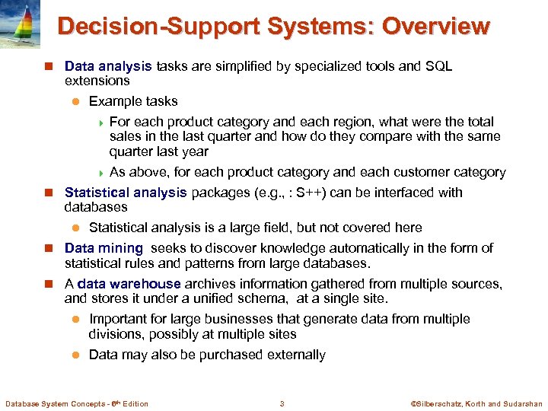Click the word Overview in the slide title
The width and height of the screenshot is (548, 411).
pos(435,26)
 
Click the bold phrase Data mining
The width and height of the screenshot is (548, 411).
pos(104,248)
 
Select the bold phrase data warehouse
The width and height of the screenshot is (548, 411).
pos(128,284)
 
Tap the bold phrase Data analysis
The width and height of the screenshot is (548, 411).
pos(108,66)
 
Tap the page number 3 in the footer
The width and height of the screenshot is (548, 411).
pos(282,403)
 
